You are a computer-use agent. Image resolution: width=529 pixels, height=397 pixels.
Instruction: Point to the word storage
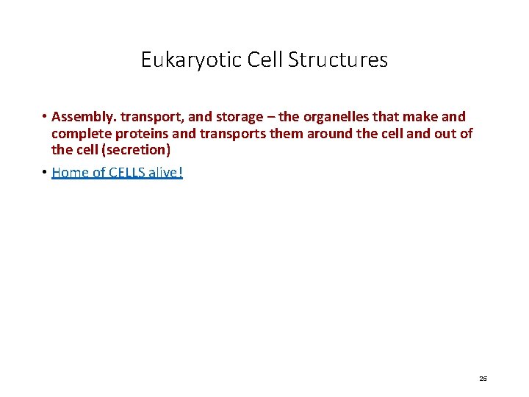(242, 117)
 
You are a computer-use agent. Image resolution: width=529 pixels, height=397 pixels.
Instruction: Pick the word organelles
(334, 117)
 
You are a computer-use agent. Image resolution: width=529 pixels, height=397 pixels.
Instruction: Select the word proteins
(143, 133)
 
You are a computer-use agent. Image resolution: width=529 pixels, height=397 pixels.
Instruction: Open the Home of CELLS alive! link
(117, 173)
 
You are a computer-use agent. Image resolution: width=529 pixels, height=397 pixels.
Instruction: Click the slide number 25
(483, 379)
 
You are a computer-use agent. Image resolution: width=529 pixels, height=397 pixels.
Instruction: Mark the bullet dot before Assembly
(44, 117)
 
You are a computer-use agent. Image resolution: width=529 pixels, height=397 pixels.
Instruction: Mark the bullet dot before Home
(44, 173)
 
